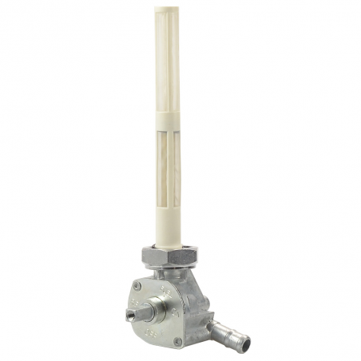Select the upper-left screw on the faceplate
pyautogui.click(x=138, y=286)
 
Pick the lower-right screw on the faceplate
pyautogui.click(x=177, y=341)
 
